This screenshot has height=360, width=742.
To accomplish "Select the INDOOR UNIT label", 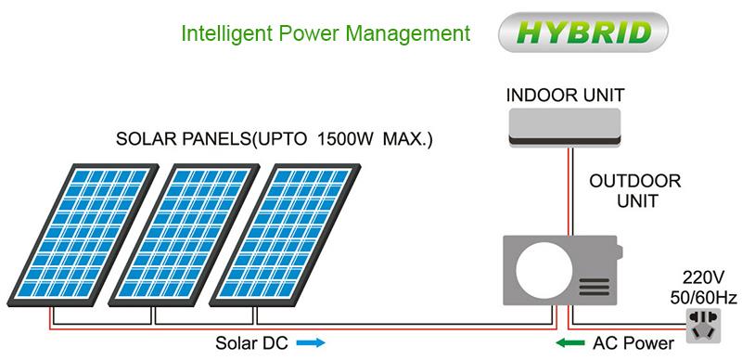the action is tap(564, 95).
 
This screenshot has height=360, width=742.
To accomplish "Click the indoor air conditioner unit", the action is tap(564, 125).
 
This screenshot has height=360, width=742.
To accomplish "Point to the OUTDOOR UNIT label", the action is tap(635, 188).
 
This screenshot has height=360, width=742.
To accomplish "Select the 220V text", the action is tap(702, 275).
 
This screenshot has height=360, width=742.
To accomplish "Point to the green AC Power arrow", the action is tap(569, 342).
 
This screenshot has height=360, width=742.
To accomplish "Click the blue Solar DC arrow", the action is tap(311, 342).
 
